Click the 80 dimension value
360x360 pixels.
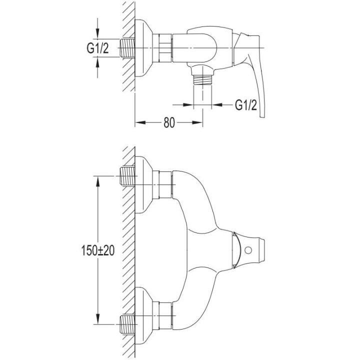169,122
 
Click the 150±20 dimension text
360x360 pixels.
98,250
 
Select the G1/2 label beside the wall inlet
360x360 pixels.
98,48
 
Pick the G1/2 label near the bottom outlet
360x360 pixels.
246,105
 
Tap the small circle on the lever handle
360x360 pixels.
248,250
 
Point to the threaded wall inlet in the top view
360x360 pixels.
127,48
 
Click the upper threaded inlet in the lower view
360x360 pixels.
127,176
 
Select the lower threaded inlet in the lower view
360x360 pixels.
127,324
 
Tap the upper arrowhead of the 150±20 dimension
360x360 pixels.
98,181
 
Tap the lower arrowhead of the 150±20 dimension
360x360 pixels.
98,319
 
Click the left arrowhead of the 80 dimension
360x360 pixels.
140,122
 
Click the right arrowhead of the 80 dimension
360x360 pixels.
197,122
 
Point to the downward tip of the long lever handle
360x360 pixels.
262,117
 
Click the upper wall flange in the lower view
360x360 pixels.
143,185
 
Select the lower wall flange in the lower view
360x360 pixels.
143,315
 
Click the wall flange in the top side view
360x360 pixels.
143,48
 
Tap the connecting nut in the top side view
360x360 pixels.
162,48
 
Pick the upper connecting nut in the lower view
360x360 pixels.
162,184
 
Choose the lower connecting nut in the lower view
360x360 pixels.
162,315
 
